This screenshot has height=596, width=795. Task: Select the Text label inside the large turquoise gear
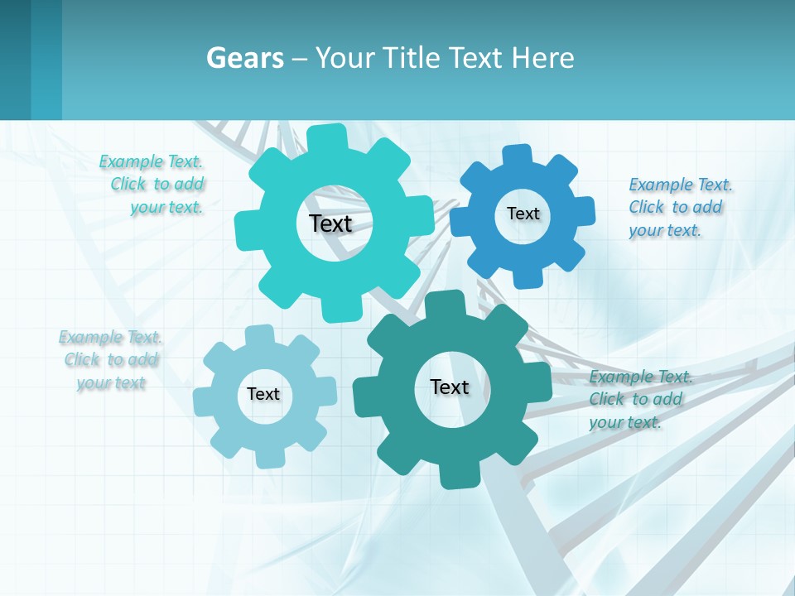[331, 223]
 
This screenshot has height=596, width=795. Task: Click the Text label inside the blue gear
[523, 214]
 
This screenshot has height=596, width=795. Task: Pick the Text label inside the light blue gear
[263, 394]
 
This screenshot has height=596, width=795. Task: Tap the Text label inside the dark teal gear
[450, 387]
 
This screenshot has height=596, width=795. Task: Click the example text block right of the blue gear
[679, 208]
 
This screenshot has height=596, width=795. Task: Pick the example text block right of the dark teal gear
[639, 400]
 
